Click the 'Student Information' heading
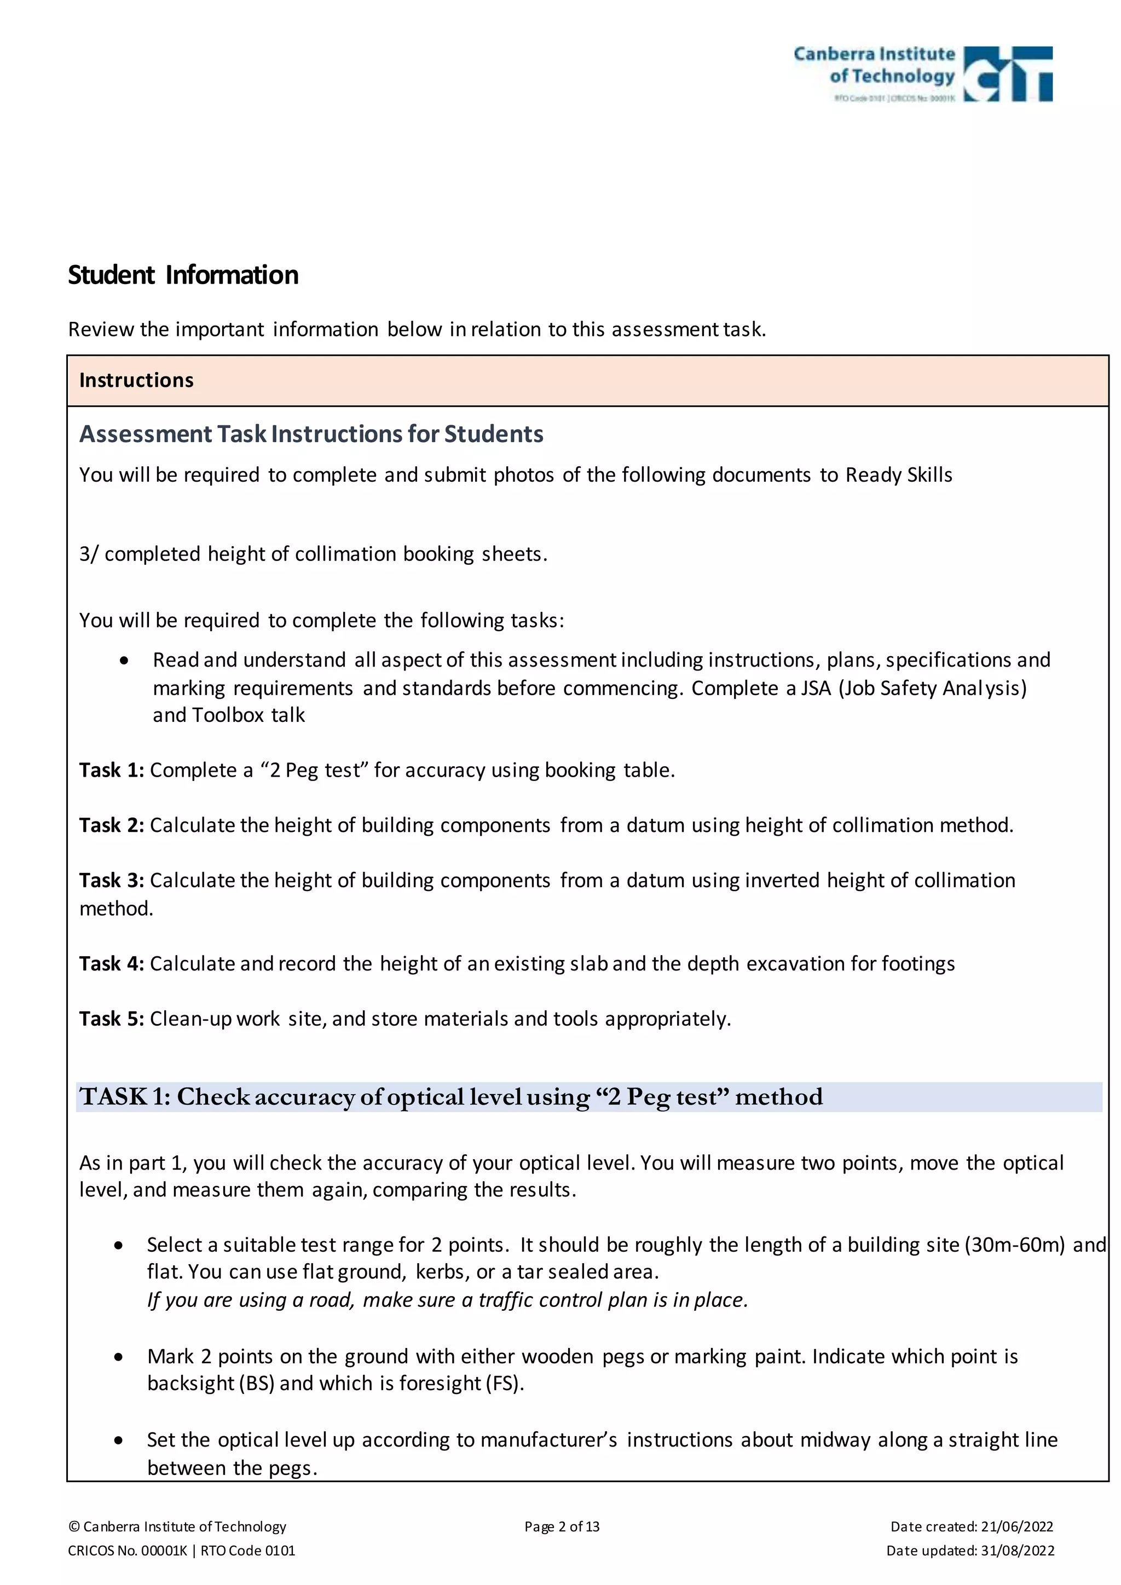pyautogui.click(x=183, y=275)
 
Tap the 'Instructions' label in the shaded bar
pyautogui.click(x=136, y=380)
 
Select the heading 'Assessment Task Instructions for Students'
pyautogui.click(x=311, y=434)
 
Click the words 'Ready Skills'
pyautogui.click(x=899, y=475)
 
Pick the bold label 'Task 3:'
pyautogui.click(x=111, y=880)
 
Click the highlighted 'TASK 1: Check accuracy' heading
pyautogui.click(x=450, y=1097)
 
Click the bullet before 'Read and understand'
pyautogui.click(x=124, y=661)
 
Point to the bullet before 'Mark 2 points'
pyautogui.click(x=119, y=1357)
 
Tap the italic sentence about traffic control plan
pyautogui.click(x=447, y=1300)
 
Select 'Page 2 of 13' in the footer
pyautogui.click(x=562, y=1526)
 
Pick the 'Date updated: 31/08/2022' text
pyautogui.click(x=970, y=1551)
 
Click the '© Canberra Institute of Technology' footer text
pyautogui.click(x=177, y=1526)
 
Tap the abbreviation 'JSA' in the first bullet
pyautogui.click(x=815, y=689)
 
